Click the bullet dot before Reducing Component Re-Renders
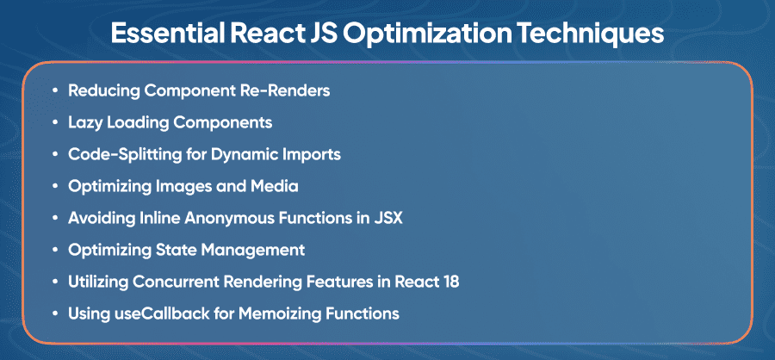coord(54,91)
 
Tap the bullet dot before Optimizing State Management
coord(54,251)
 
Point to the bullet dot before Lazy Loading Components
coord(54,123)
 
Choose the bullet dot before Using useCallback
coord(54,313)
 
